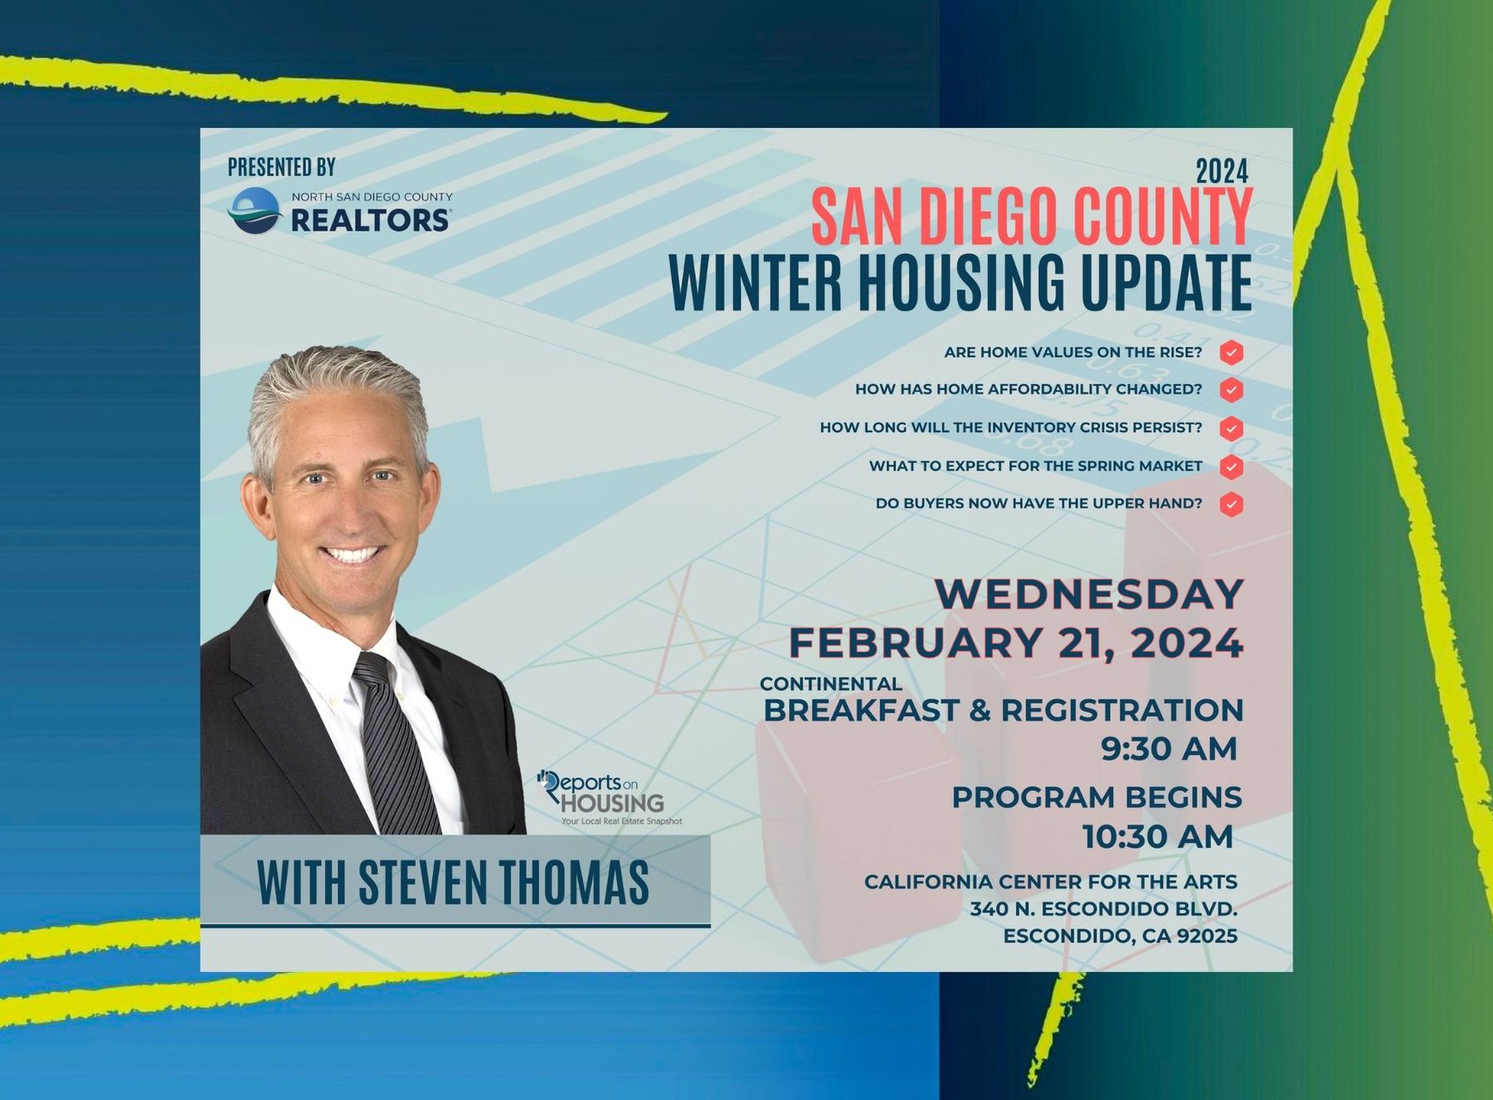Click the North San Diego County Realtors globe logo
coord(255,210)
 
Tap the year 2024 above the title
coord(1222,172)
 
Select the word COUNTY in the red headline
coord(1162,217)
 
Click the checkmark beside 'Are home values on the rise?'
coord(1232,353)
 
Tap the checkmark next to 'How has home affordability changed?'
coord(1232,390)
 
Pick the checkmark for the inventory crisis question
coord(1232,428)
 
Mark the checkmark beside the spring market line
coord(1232,466)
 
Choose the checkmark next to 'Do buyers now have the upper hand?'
coord(1232,504)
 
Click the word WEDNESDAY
coord(1089,594)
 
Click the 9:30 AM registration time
coord(1169,748)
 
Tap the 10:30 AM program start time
coord(1158,837)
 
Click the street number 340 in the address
coord(988,909)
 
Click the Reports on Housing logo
coord(609,797)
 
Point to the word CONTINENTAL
coord(831,684)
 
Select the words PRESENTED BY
coord(282,168)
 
